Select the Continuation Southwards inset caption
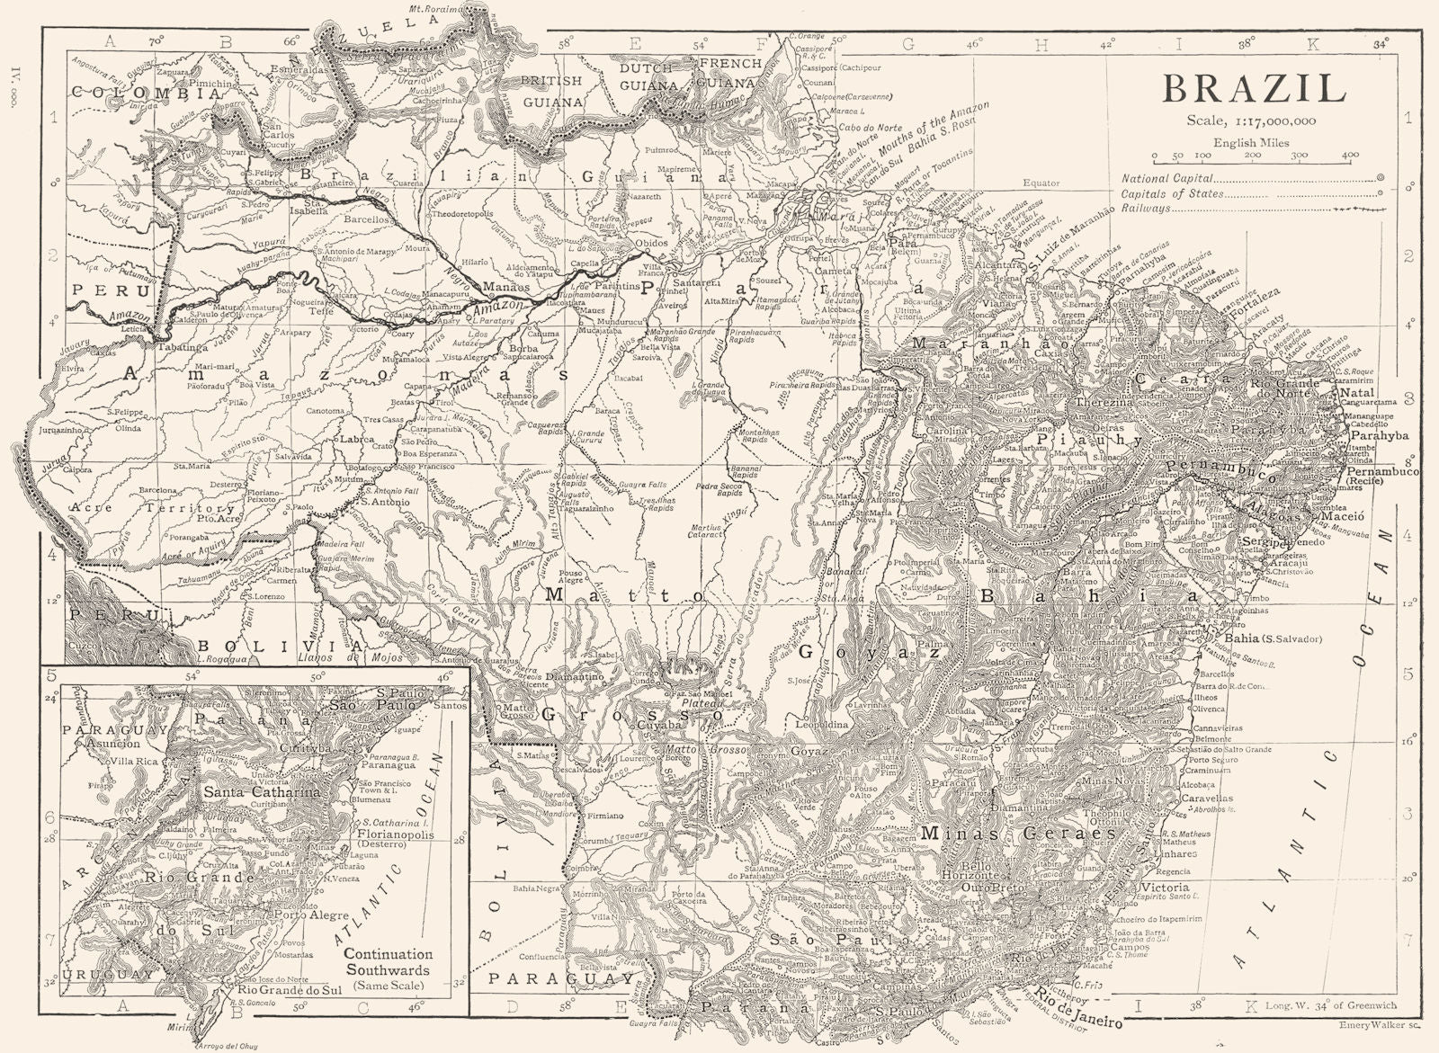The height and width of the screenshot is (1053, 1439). pos(389,962)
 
